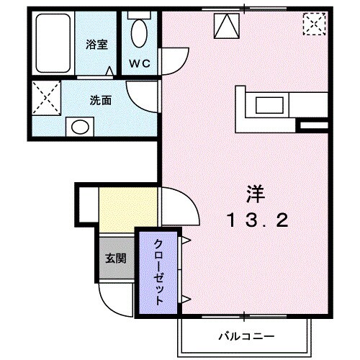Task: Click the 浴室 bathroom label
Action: pyautogui.click(x=96, y=45)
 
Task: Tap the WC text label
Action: pyautogui.click(x=139, y=63)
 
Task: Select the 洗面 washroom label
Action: pyautogui.click(x=100, y=101)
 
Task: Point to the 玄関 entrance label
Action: pyautogui.click(x=115, y=257)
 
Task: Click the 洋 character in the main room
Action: pyautogui.click(x=256, y=194)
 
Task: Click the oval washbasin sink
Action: pyautogui.click(x=79, y=127)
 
